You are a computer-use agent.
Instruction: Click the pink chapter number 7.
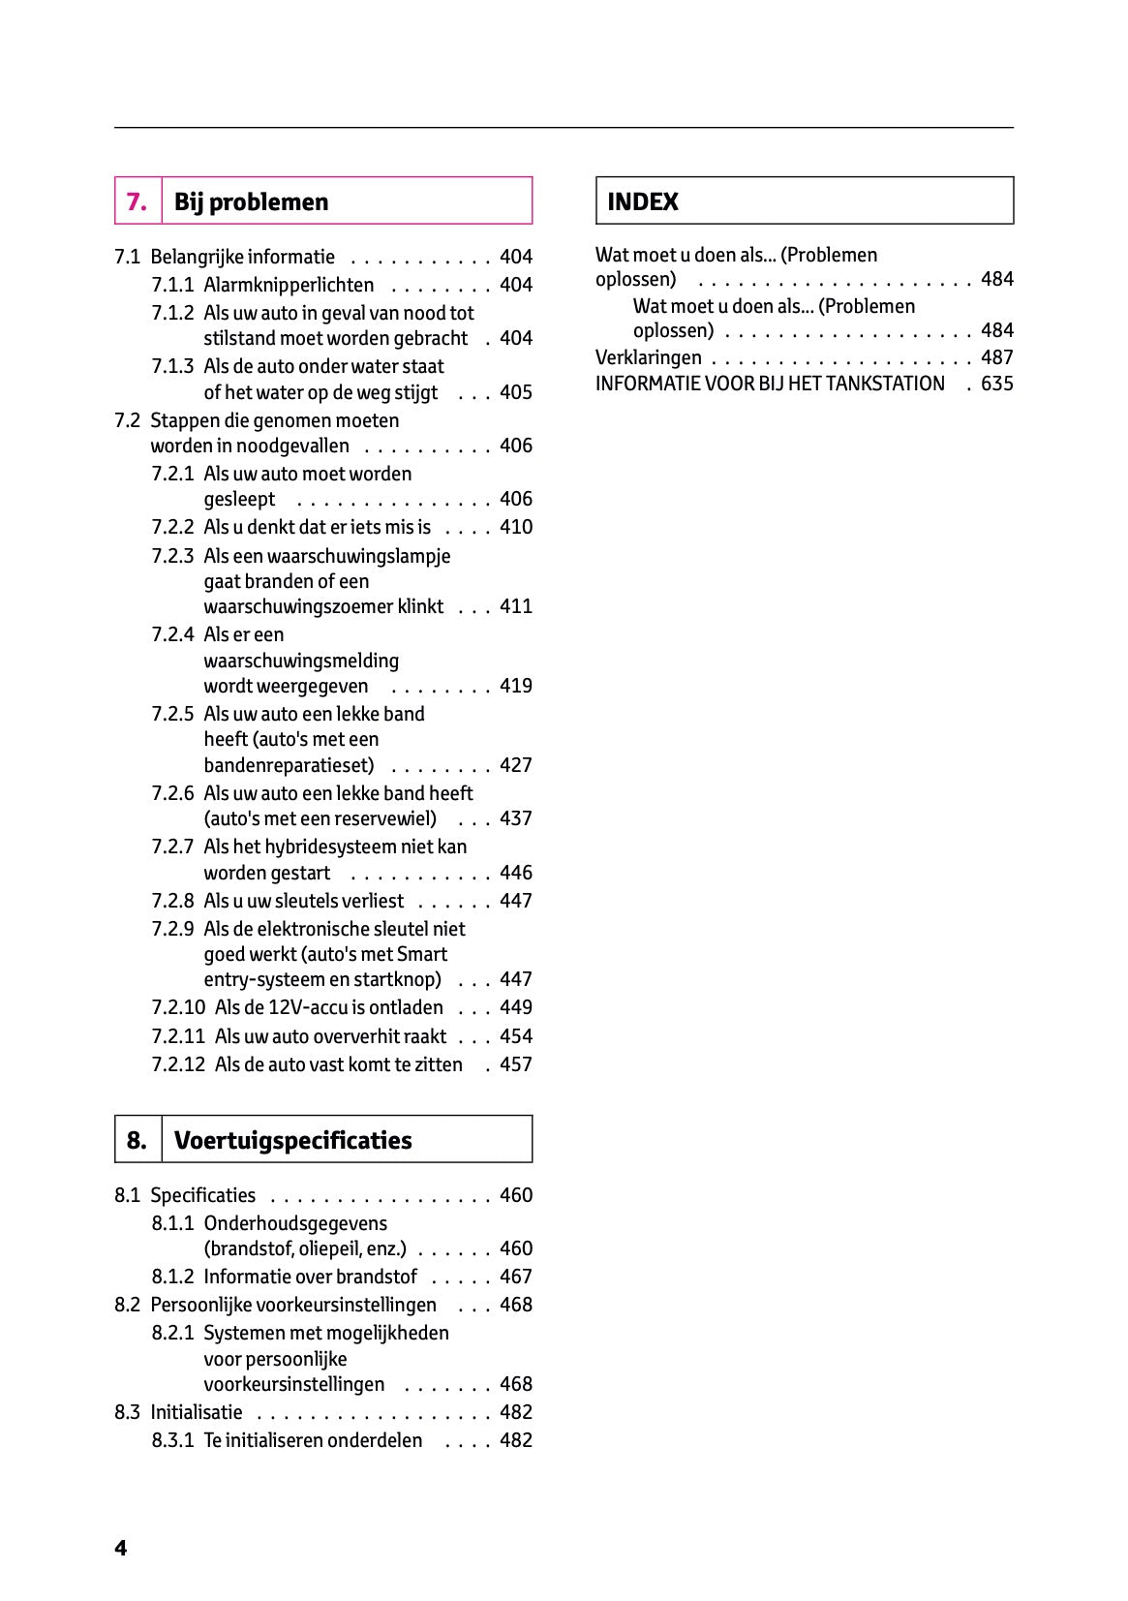point(137,201)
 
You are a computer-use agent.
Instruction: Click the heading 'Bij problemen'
point(251,201)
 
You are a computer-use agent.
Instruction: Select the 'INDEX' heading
point(642,201)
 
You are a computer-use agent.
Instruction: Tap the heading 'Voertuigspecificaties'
point(292,1140)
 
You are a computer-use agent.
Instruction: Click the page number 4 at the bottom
point(120,1548)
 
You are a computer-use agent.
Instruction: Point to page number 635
point(996,384)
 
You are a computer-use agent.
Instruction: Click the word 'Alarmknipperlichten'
point(288,285)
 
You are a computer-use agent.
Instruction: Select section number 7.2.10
point(178,1007)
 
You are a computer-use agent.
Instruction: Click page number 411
point(515,606)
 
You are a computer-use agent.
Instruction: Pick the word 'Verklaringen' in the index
point(648,357)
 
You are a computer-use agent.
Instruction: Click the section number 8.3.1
point(172,1440)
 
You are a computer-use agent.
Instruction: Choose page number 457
point(515,1064)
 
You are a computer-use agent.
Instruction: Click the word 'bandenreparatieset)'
point(289,765)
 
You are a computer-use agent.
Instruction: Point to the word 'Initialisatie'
point(197,1412)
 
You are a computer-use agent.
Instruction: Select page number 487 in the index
point(996,357)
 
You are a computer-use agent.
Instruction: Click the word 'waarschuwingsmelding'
point(301,661)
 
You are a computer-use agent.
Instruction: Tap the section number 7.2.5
point(172,714)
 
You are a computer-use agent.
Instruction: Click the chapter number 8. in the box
point(137,1140)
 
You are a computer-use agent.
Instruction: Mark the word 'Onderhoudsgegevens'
point(294,1223)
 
